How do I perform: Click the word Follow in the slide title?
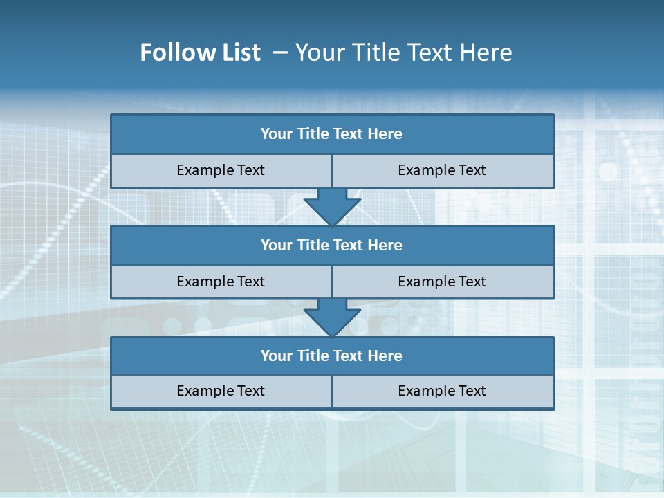pyautogui.click(x=174, y=53)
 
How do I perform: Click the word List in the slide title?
pyautogui.click(x=237, y=53)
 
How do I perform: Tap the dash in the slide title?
pyautogui.click(x=280, y=53)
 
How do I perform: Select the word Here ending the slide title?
pyautogui.click(x=488, y=53)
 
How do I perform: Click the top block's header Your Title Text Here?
pyautogui.click(x=331, y=134)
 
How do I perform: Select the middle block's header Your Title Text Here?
pyautogui.click(x=331, y=245)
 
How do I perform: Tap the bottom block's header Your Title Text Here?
pyautogui.click(x=331, y=356)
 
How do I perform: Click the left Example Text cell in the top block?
pyautogui.click(x=221, y=170)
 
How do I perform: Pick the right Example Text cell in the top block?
pyautogui.click(x=442, y=170)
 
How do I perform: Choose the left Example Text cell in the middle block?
pyautogui.click(x=221, y=282)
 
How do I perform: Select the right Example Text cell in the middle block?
pyautogui.click(x=442, y=282)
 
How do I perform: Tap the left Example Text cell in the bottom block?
pyautogui.click(x=221, y=391)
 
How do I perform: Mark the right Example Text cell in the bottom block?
pyautogui.click(x=442, y=391)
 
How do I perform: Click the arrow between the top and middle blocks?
pyautogui.click(x=332, y=206)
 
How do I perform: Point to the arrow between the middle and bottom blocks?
pyautogui.click(x=332, y=317)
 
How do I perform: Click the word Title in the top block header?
pyautogui.click(x=313, y=134)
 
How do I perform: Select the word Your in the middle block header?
pyautogui.click(x=276, y=245)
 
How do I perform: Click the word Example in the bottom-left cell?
pyautogui.click(x=205, y=391)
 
